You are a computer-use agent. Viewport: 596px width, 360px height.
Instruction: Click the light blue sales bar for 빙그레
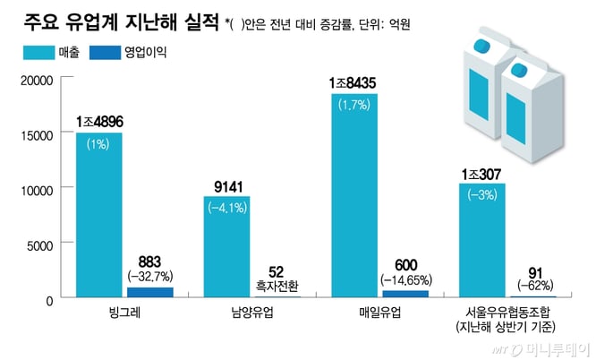[98, 215]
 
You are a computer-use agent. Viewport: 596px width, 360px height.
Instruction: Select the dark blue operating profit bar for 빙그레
[149, 292]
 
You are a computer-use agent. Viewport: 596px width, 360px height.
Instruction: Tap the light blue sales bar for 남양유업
[226, 246]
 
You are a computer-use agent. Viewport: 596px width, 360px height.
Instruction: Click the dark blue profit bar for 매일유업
[405, 294]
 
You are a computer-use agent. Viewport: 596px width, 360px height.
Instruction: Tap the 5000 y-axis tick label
[40, 244]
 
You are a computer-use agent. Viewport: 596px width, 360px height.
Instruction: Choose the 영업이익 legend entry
[132, 53]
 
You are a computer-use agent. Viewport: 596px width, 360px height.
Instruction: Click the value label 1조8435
[353, 83]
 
